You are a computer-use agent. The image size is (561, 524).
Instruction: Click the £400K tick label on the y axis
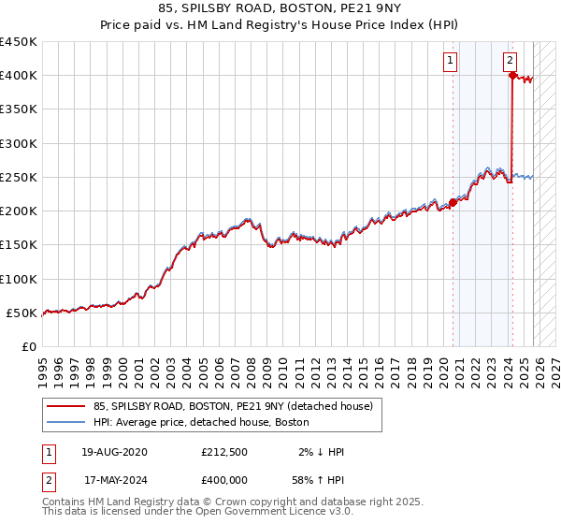coord(19,76)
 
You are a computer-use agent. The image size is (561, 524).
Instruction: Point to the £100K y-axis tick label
coord(19,279)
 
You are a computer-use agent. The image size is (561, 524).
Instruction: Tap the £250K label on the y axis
coord(19,177)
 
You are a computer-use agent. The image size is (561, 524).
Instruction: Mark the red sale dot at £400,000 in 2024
coord(512,76)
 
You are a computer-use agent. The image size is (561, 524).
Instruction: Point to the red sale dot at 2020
coord(453,202)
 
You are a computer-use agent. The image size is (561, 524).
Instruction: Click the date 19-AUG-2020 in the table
coord(113,452)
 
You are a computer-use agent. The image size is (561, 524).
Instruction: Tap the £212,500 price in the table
coord(223,452)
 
